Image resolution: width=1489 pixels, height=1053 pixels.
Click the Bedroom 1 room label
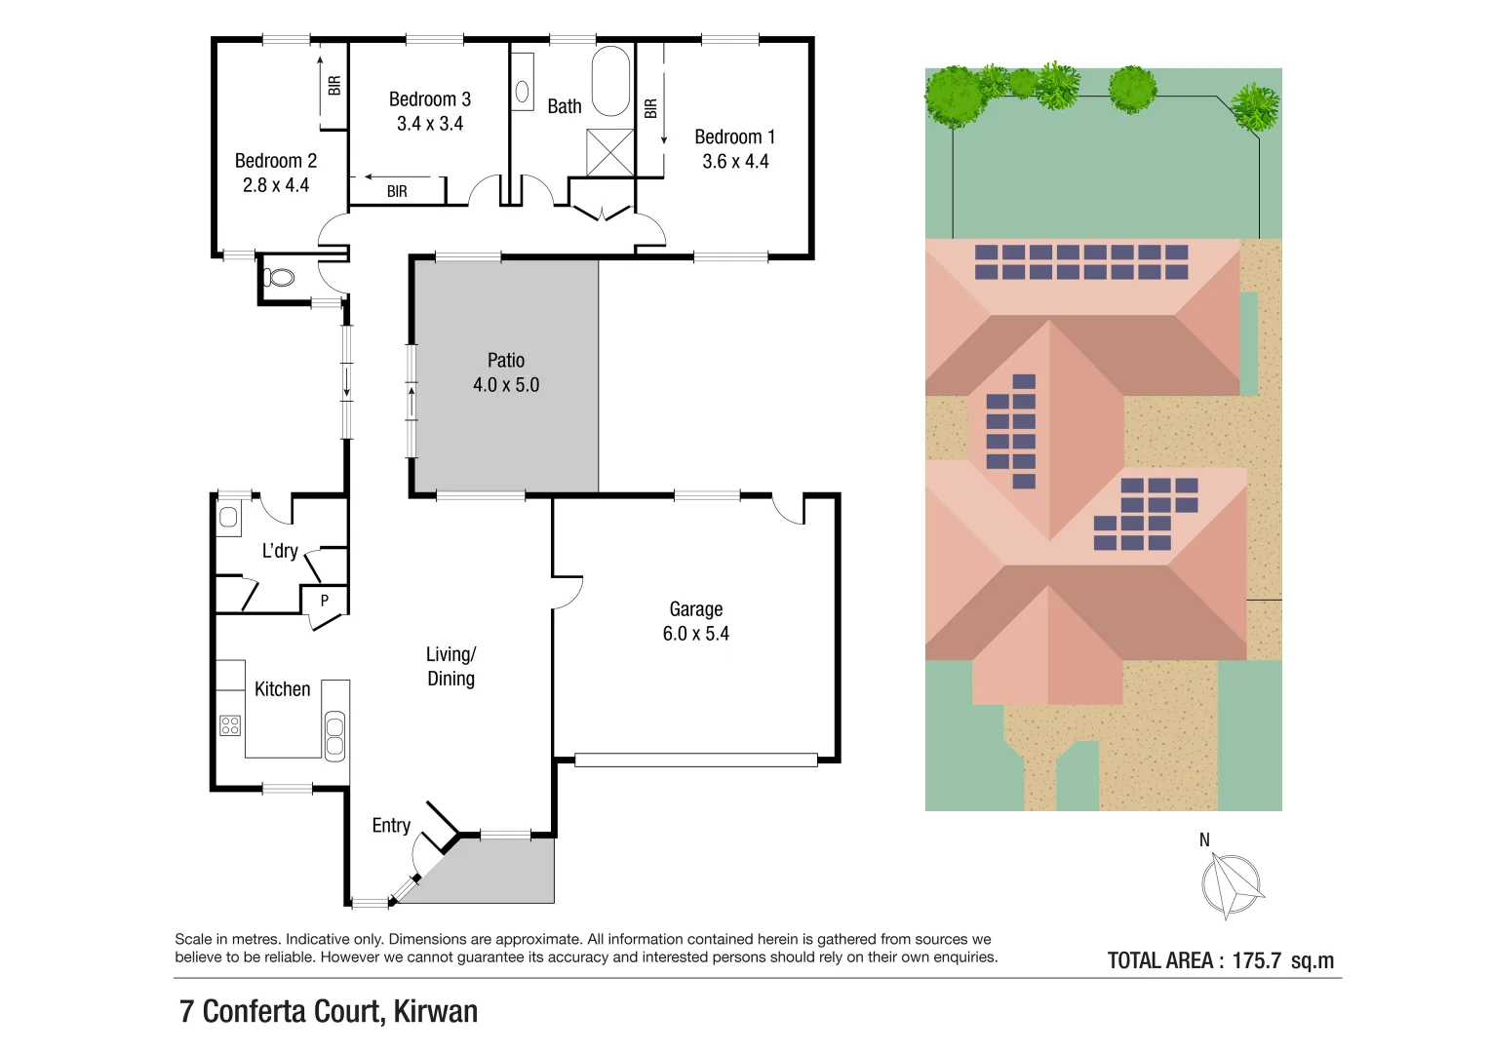tap(734, 137)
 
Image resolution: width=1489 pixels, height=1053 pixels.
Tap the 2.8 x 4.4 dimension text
tap(276, 185)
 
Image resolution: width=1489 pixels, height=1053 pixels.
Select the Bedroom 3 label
tap(429, 99)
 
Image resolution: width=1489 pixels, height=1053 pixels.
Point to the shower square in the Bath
tap(609, 152)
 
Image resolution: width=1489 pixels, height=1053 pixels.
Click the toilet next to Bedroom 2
tap(281, 278)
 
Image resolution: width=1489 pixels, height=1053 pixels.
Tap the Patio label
tap(506, 361)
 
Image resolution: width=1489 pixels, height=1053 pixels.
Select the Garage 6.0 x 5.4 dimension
tap(695, 634)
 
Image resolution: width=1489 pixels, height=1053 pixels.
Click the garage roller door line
tap(695, 760)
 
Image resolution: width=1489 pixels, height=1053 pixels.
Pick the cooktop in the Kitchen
tap(230, 724)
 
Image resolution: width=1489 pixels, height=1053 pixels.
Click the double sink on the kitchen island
tap(334, 736)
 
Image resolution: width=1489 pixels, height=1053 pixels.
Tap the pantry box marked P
tap(325, 601)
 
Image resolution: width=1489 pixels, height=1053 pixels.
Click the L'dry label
tap(280, 551)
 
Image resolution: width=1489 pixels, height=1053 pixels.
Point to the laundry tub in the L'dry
tap(229, 517)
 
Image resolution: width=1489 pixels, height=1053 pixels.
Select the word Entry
tap(391, 826)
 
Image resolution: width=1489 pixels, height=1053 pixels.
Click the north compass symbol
tap(1231, 884)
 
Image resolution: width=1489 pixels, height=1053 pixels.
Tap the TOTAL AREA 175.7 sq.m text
tap(1220, 960)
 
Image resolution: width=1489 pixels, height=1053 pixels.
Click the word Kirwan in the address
tap(435, 1011)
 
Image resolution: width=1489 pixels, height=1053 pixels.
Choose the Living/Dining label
tap(451, 666)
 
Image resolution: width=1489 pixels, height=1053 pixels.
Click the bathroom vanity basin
tap(523, 92)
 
